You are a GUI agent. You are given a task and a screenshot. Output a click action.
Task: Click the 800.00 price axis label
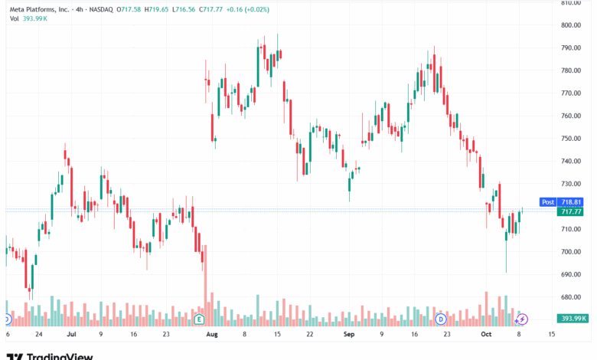571,25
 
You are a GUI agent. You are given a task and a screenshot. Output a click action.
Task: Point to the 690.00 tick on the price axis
571,274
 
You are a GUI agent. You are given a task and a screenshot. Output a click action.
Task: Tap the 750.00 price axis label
571,139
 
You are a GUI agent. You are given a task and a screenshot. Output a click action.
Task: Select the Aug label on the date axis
212,334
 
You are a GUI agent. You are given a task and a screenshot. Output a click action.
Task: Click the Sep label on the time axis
349,334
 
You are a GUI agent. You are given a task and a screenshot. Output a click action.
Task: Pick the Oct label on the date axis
486,334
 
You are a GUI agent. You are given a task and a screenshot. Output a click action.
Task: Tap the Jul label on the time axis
71,334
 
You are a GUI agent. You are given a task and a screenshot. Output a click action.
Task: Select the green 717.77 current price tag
570,211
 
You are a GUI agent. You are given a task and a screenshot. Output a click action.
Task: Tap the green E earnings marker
199,319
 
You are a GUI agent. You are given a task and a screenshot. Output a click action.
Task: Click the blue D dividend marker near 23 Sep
441,319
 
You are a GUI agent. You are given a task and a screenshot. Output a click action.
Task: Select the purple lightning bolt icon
522,319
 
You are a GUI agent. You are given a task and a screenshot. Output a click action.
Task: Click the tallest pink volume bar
206,286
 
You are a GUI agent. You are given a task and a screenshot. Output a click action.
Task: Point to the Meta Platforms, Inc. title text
40,9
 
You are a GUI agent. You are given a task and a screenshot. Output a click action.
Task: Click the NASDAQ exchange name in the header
101,9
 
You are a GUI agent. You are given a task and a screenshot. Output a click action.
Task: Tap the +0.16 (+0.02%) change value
247,9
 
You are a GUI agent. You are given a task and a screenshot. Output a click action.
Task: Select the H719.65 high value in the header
156,9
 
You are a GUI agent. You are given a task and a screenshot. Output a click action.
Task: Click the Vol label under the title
14,18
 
